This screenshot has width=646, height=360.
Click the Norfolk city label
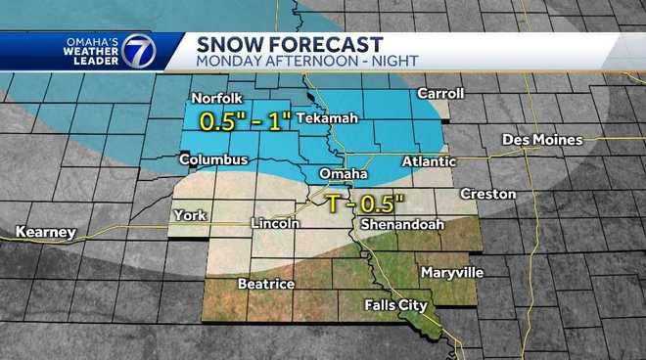click(214, 99)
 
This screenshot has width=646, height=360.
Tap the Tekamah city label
click(326, 118)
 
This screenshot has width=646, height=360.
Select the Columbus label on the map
click(211, 158)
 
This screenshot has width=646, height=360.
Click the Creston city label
click(481, 194)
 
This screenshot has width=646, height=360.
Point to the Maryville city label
click(447, 271)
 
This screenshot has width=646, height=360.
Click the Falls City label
click(395, 305)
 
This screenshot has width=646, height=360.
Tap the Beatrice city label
click(266, 284)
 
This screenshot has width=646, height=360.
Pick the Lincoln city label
click(276, 224)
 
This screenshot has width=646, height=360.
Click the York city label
click(187, 215)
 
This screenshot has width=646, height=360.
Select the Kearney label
click(46, 232)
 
